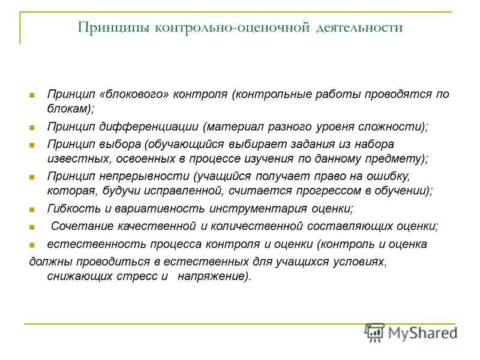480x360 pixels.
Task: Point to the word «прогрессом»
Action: [x=327, y=191]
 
